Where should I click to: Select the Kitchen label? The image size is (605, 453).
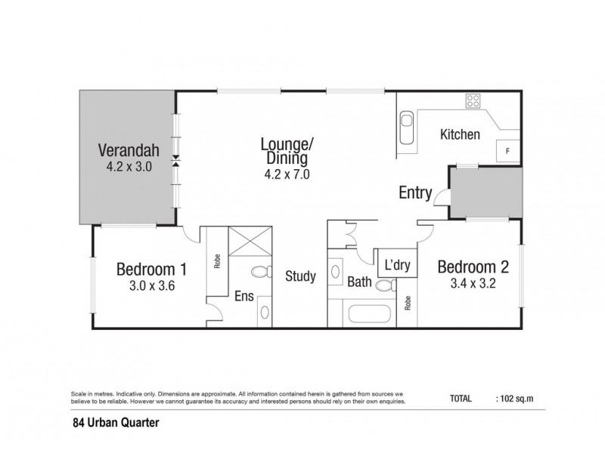coord(461,135)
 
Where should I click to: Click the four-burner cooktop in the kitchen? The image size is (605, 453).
coord(474,100)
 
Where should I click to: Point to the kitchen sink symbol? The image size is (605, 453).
coord(406,129)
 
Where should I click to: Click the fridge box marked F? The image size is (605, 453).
coord(507,151)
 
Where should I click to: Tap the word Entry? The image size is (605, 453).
coord(415,193)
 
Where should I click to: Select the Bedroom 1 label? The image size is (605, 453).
coord(151,269)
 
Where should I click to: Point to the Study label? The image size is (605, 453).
coord(300,276)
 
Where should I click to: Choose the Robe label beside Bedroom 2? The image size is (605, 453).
coord(408,303)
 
